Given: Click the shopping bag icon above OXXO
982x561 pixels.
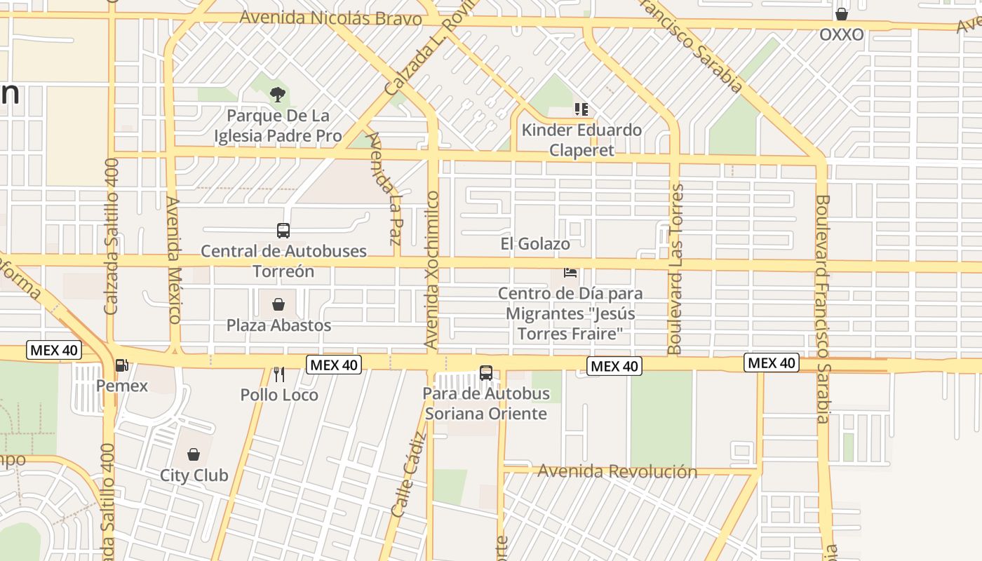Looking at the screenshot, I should (x=842, y=14).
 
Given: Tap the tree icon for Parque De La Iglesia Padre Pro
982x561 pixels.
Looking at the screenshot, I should (x=278, y=94).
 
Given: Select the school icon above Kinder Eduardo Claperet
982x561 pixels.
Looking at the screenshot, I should (x=581, y=109).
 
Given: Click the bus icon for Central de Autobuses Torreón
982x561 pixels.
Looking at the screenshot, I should (x=283, y=230).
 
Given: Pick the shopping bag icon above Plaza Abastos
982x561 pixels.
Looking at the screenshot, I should (x=278, y=304).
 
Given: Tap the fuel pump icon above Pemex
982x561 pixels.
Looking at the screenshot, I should (x=121, y=365).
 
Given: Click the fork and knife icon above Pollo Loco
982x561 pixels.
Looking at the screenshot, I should (x=279, y=374).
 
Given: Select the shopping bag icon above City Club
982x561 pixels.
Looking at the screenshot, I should (x=194, y=454).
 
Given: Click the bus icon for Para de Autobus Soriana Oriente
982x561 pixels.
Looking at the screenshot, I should (x=486, y=373).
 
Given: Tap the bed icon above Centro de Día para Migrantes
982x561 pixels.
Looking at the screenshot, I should (x=570, y=272).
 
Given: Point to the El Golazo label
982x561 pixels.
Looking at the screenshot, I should (x=535, y=244).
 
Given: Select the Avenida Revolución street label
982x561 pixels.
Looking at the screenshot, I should (x=617, y=471).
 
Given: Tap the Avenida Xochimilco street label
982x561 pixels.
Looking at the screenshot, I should (x=432, y=270).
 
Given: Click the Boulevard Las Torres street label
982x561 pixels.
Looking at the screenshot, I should (x=675, y=269).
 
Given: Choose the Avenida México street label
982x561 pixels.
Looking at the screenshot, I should (x=174, y=259).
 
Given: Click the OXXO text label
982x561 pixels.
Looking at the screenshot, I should (x=842, y=34).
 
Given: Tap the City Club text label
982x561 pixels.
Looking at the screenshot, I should (x=194, y=475).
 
